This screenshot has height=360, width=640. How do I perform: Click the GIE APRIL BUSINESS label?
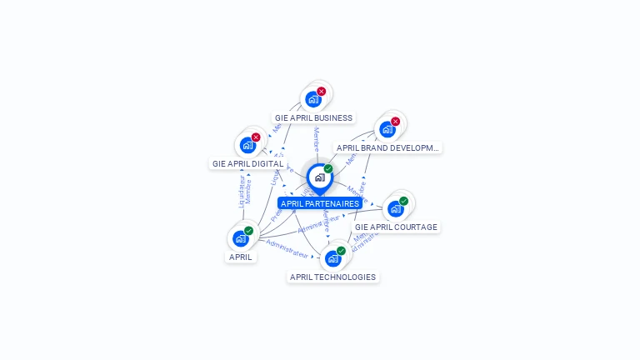[314, 117]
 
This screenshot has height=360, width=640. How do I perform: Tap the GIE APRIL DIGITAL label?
[248, 164]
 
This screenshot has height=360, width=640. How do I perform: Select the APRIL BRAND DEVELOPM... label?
[387, 147]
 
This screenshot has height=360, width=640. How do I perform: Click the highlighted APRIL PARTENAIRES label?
[320, 203]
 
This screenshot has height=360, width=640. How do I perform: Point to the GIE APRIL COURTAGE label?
[396, 227]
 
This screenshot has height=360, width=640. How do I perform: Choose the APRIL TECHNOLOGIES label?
[332, 277]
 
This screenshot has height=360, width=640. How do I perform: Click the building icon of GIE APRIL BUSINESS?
[313, 99]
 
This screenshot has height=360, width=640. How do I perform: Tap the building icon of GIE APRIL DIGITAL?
[247, 145]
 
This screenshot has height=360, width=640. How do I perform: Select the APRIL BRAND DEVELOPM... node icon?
[387, 129]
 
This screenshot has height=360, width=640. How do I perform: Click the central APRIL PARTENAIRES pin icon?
[319, 177]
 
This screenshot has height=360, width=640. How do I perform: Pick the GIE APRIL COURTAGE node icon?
[396, 208]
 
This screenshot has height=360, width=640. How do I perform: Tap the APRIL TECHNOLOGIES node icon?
[332, 258]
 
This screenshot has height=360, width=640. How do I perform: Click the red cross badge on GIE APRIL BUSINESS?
[322, 91]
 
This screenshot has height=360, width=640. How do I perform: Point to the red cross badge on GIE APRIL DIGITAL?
[256, 137]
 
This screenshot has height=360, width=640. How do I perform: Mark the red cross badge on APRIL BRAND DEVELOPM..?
[395, 121]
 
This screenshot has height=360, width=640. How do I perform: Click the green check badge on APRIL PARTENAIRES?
[328, 168]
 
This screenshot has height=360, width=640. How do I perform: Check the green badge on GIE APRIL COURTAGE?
[404, 200]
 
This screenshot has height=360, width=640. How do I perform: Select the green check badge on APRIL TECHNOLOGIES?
[341, 250]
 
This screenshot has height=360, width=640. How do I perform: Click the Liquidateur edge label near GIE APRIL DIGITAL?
[242, 190]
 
